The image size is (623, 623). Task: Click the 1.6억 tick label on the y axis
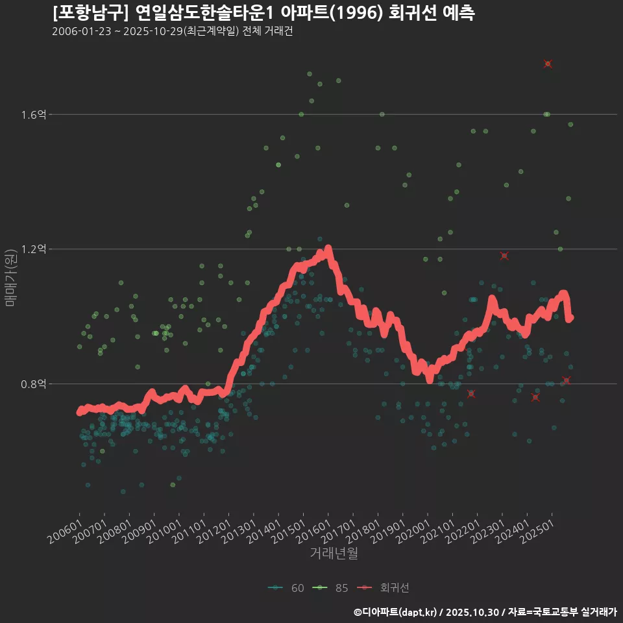pos(34,115)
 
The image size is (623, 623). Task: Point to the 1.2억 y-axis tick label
pos(34,249)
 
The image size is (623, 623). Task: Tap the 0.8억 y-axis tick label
pos(34,384)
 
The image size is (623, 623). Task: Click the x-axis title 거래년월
pos(334,554)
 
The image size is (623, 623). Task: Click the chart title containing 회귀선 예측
pos(263,13)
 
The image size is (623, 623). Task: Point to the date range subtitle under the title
pos(173,32)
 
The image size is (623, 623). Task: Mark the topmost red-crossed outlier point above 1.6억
pos(548,64)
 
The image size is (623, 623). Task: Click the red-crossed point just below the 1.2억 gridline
pos(504,256)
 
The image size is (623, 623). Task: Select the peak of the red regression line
pos(328,249)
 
